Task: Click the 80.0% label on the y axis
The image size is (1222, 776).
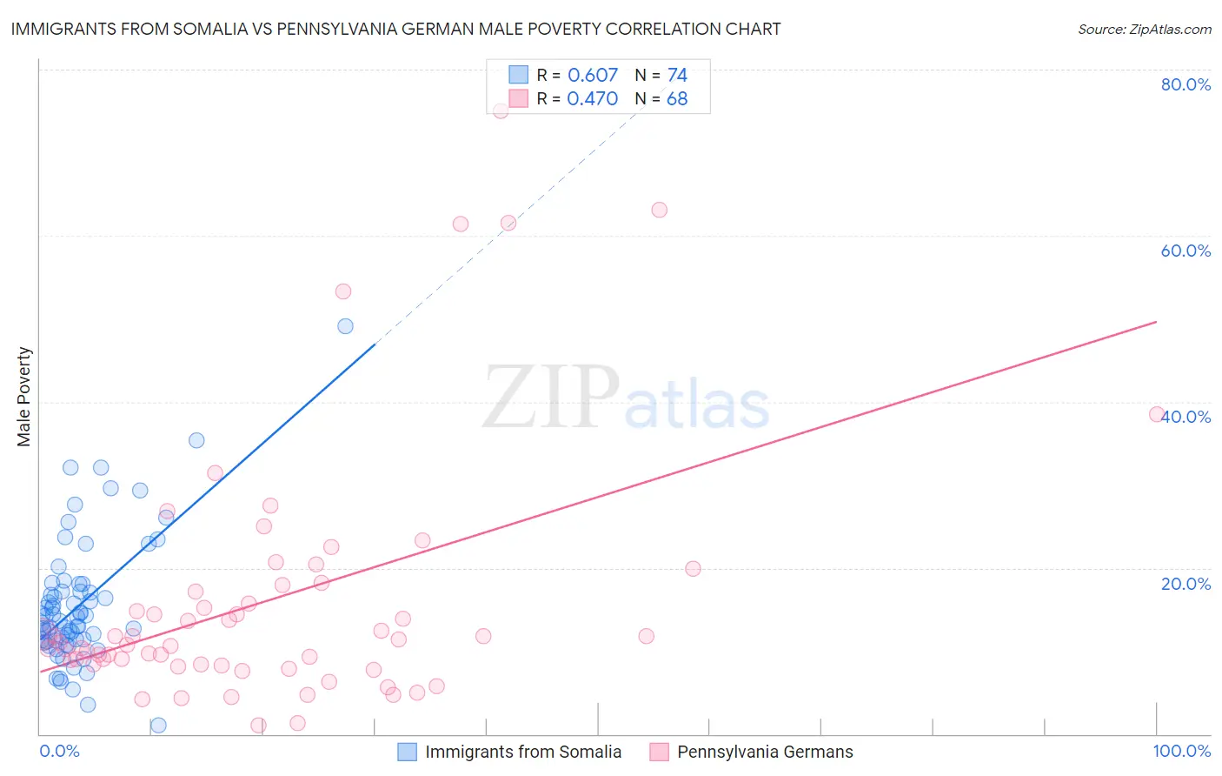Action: pyautogui.click(x=1185, y=84)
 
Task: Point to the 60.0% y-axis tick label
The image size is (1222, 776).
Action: pyautogui.click(x=1185, y=251)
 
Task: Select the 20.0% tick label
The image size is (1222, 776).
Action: pyautogui.click(x=1185, y=584)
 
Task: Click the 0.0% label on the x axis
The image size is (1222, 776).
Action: pyautogui.click(x=59, y=751)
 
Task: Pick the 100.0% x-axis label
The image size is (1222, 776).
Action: pyautogui.click(x=1181, y=751)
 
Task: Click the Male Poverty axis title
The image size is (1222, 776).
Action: pyautogui.click(x=24, y=397)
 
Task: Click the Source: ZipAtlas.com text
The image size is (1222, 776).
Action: pyautogui.click(x=1144, y=29)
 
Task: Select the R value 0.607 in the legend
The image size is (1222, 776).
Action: pyautogui.click(x=592, y=75)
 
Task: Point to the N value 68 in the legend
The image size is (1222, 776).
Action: pyautogui.click(x=677, y=98)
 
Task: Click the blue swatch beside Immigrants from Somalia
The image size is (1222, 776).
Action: pyautogui.click(x=407, y=752)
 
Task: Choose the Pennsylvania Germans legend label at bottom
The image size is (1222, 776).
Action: pyautogui.click(x=765, y=752)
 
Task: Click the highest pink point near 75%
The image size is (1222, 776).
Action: pyautogui.click(x=501, y=110)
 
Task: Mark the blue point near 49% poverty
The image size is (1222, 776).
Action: pyautogui.click(x=345, y=326)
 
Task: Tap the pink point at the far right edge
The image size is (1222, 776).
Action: pyautogui.click(x=1157, y=414)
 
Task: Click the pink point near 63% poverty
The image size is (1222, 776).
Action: pyautogui.click(x=659, y=210)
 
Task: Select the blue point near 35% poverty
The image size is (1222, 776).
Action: pyautogui.click(x=196, y=440)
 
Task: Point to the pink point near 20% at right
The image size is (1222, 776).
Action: pyautogui.click(x=693, y=569)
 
